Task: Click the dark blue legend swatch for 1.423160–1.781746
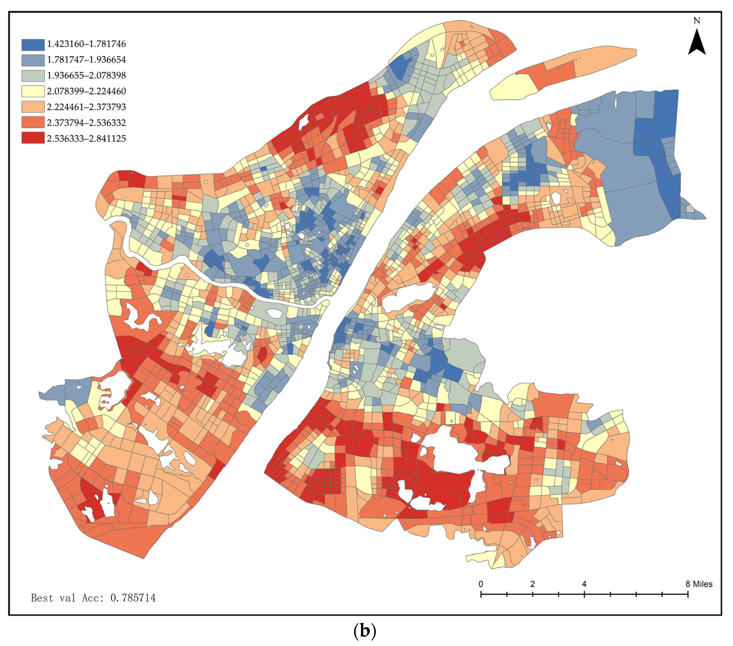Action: pos(33,44)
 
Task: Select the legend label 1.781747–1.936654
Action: pos(86,60)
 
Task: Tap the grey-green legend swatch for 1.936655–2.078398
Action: pos(33,76)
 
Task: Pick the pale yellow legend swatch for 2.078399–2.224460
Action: pos(33,91)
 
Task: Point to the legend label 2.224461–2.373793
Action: pos(86,107)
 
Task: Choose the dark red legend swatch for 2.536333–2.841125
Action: pos(33,138)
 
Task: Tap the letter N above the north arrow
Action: pos(697,21)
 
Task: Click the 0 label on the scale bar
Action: pos(481,584)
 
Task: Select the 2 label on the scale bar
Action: pos(532,584)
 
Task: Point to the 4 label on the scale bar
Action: pos(584,584)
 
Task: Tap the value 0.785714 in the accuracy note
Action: pos(133,598)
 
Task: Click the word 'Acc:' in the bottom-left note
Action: pos(94,598)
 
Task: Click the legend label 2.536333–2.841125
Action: pos(86,139)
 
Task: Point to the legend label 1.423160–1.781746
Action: pos(86,44)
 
